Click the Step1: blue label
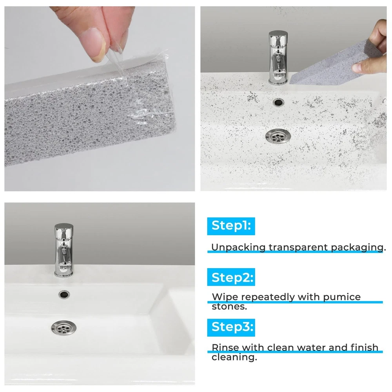point(231,226)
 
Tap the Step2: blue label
point(231,277)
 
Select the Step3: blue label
point(231,327)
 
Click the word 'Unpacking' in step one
point(238,247)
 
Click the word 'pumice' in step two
point(342,297)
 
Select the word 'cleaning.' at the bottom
point(234,357)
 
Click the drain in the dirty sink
point(278,136)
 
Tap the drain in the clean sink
point(64,327)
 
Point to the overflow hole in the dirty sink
point(278,102)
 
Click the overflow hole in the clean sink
point(64,294)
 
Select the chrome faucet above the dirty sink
point(278,58)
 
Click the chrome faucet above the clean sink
point(64,250)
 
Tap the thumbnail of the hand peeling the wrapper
point(100,99)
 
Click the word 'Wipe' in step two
point(225,297)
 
